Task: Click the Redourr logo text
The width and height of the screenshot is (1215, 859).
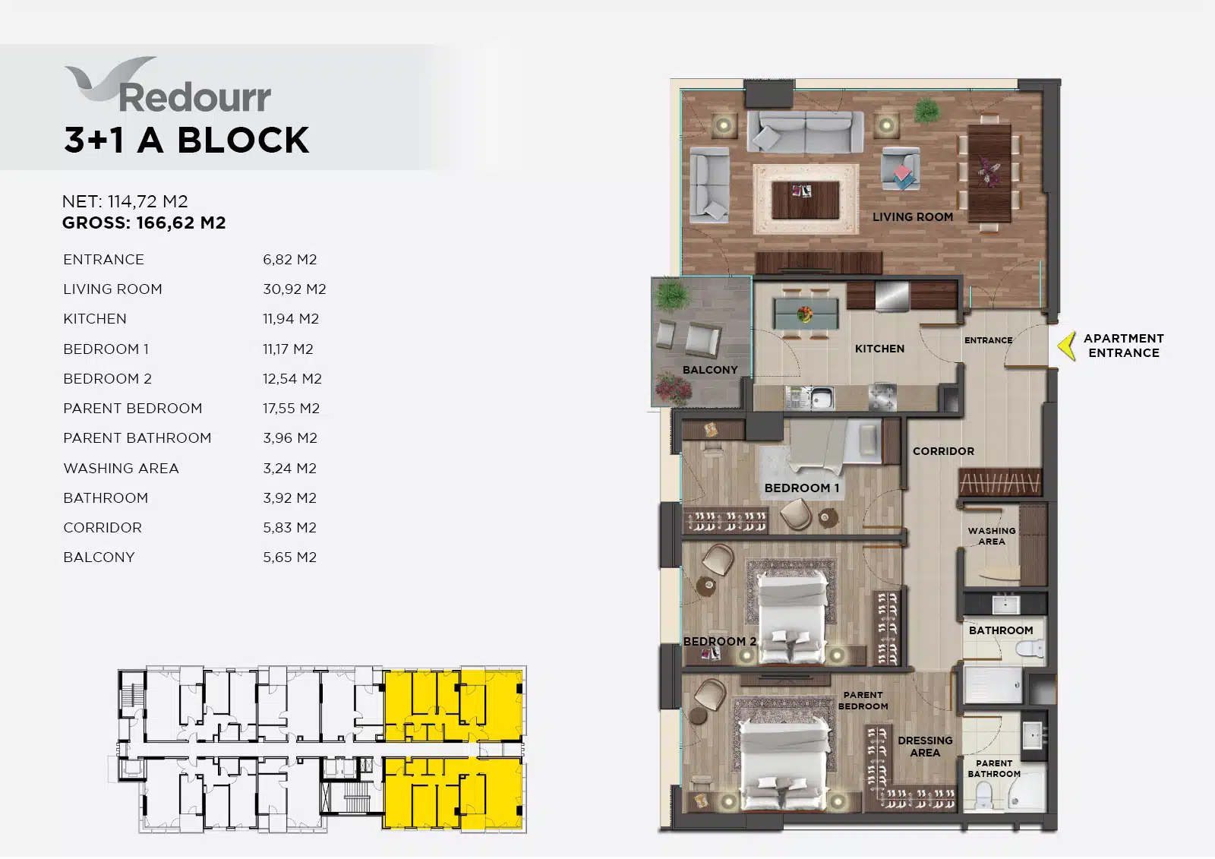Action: [x=194, y=97]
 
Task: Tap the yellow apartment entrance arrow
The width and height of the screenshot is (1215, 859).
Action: [x=1067, y=346]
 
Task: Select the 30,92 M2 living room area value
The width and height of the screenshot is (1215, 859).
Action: [x=295, y=289]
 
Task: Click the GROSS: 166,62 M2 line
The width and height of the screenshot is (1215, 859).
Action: [x=144, y=223]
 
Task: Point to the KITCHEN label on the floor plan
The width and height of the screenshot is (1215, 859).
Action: [x=879, y=349]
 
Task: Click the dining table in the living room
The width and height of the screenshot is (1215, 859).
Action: [x=989, y=172]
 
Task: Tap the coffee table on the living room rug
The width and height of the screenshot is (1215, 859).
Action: [x=805, y=200]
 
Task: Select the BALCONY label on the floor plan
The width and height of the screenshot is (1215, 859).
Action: [x=710, y=370]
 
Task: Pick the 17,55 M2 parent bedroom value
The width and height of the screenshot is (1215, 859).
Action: [x=292, y=408]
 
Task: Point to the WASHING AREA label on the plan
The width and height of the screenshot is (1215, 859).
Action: [x=992, y=535]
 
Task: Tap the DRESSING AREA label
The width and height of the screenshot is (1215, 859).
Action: [x=925, y=746]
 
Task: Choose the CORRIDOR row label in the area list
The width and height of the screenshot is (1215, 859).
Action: [x=103, y=527]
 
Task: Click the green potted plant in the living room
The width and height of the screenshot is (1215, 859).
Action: [x=927, y=110]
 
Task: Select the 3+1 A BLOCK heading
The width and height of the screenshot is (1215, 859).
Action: [x=186, y=140]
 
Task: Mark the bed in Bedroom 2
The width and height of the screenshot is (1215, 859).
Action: [x=793, y=617]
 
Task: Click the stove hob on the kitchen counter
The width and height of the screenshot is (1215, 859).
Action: [x=882, y=397]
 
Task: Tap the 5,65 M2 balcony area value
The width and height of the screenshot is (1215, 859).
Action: [x=289, y=557]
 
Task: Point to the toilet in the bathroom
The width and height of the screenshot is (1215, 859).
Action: [x=1030, y=648]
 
